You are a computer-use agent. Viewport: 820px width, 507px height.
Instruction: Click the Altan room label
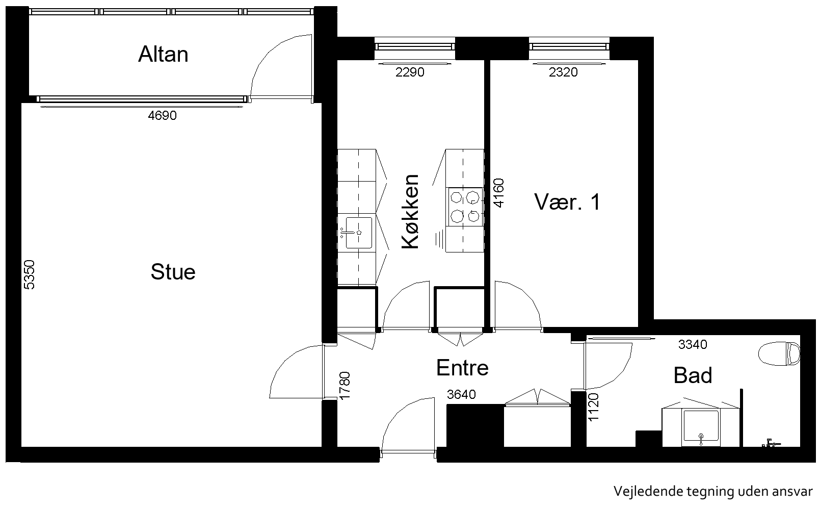[x=163, y=54]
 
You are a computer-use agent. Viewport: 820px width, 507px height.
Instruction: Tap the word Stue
[x=173, y=272]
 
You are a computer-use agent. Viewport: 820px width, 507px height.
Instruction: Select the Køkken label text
[x=410, y=212]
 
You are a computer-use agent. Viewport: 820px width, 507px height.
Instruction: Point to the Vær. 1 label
[x=567, y=202]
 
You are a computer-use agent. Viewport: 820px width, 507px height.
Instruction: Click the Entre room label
[x=462, y=368]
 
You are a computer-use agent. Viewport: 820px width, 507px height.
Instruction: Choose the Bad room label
[x=693, y=375]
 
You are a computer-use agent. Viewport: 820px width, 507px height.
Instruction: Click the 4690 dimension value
[x=162, y=116]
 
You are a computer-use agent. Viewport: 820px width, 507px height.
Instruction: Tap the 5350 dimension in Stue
[x=29, y=275]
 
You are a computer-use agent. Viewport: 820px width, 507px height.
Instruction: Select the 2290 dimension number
[x=410, y=72]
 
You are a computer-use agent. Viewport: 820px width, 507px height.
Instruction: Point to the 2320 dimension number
[x=563, y=72]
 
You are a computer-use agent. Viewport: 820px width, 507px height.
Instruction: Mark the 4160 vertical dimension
[x=499, y=193]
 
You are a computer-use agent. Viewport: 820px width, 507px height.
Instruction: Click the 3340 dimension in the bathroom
[x=693, y=344]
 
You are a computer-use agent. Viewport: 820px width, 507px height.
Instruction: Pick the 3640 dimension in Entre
[x=461, y=395]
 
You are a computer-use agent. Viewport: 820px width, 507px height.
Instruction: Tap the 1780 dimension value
[x=345, y=386]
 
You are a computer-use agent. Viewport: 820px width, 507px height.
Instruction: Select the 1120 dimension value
[x=593, y=407]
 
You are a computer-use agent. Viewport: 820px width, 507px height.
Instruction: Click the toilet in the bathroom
[x=779, y=353]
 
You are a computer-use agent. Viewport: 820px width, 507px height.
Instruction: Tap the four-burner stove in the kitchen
[x=465, y=207]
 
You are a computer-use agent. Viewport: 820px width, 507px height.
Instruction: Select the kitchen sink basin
[x=359, y=233]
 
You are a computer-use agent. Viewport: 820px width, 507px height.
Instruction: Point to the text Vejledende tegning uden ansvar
[x=713, y=491]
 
